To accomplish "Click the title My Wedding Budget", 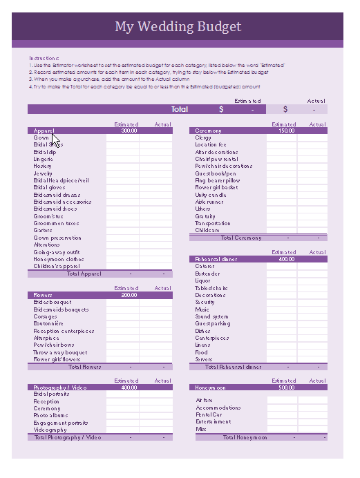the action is point(178,27).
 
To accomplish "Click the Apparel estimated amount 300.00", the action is point(129,131).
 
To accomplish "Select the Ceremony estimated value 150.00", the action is point(286,131).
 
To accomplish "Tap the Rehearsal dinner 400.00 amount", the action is point(286,259).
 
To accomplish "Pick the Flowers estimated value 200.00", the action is point(129,295).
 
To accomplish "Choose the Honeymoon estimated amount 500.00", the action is point(286,388).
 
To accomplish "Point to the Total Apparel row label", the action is point(84,274).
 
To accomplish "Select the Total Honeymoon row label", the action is point(245,437).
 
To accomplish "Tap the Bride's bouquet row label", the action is point(53,303).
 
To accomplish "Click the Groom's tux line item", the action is point(48,216).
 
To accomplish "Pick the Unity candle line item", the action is point(211,195).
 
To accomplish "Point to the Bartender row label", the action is point(208,274).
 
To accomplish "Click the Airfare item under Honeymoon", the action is point(205,400).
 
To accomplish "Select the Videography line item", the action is point(50,430).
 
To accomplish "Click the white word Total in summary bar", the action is point(180,109).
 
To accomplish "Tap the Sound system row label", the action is point(211,316).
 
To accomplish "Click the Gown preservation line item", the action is point(57,238).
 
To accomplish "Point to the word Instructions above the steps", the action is point(44,58).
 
